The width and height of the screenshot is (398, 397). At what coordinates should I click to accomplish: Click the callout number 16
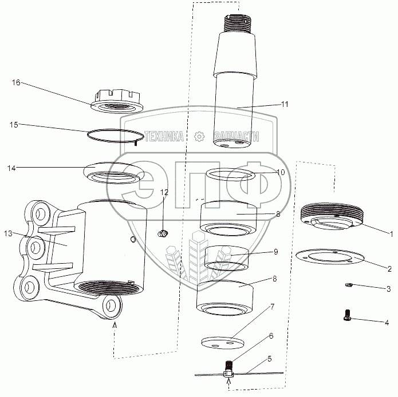pyautogui.click(x=16, y=82)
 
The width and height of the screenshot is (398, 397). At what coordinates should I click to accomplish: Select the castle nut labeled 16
pyautogui.click(x=116, y=101)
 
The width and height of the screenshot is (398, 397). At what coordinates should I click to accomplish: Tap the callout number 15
pyautogui.click(x=14, y=125)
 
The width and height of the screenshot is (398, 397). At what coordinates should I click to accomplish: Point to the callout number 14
pyautogui.click(x=11, y=168)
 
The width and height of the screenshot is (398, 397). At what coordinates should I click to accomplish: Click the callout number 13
pyautogui.click(x=8, y=233)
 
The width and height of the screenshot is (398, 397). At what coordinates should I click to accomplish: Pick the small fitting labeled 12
pyautogui.click(x=163, y=233)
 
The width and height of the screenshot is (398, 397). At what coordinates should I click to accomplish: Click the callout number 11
pyautogui.click(x=285, y=104)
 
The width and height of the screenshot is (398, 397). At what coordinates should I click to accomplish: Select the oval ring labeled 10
pyautogui.click(x=230, y=174)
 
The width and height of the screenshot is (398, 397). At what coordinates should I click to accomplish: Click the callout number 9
pyautogui.click(x=275, y=252)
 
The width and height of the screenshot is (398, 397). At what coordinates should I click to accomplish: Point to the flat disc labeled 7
pyautogui.click(x=223, y=343)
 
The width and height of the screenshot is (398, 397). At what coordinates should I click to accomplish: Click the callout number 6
pyautogui.click(x=271, y=336)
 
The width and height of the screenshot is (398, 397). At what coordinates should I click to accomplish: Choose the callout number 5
pyautogui.click(x=270, y=359)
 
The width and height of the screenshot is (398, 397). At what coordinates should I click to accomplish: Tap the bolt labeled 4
pyautogui.click(x=347, y=315)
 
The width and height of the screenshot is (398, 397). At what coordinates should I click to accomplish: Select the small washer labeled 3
pyautogui.click(x=348, y=285)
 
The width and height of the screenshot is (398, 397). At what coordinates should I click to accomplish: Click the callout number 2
pyautogui.click(x=389, y=268)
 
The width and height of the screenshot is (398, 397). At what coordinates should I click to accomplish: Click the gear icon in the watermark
pyautogui.click(x=199, y=136)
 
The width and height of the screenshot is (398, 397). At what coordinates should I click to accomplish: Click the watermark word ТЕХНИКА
pyautogui.click(x=164, y=136)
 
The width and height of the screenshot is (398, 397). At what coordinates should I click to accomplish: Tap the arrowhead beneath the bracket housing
pyautogui.click(x=115, y=324)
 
